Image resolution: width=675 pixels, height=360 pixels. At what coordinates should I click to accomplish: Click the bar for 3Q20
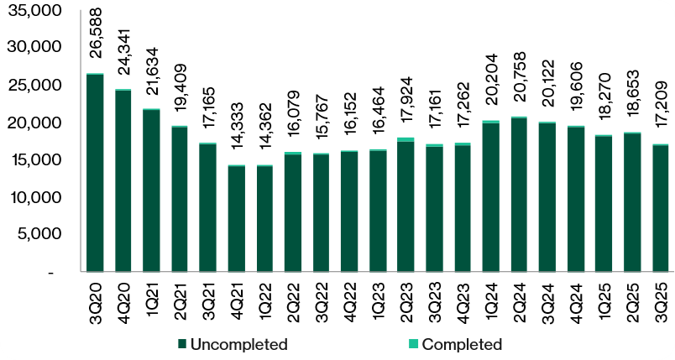[95, 173]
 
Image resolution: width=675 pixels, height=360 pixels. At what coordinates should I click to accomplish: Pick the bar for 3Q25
[660, 208]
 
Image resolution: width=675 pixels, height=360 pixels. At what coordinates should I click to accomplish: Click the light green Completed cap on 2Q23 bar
[406, 139]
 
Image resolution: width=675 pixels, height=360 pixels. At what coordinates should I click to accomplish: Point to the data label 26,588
[96, 43]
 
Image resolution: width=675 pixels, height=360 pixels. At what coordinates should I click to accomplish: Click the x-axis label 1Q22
[264, 300]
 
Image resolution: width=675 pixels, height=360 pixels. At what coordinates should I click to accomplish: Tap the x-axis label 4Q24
[575, 300]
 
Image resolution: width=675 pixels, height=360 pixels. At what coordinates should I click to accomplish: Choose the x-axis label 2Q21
[180, 300]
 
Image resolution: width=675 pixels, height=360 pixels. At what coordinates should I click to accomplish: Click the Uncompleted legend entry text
[239, 344]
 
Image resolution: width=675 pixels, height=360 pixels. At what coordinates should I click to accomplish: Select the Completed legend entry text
[462, 344]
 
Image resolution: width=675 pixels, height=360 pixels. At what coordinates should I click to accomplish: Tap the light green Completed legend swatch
[413, 344]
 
